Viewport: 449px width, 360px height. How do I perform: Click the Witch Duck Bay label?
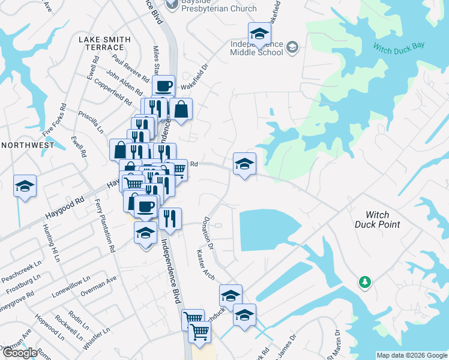click(399, 47)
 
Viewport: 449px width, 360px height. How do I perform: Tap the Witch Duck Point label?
click(378, 220)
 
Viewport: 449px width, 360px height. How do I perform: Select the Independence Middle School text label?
click(257, 48)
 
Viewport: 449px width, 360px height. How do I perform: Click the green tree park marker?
click(364, 282)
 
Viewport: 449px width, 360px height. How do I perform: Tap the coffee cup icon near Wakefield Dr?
click(163, 86)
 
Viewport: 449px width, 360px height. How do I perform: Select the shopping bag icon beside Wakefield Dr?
click(180, 109)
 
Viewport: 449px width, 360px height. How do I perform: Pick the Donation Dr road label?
click(209, 233)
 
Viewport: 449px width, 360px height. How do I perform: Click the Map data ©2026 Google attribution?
click(411, 355)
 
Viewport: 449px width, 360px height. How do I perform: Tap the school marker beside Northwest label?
click(25, 185)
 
